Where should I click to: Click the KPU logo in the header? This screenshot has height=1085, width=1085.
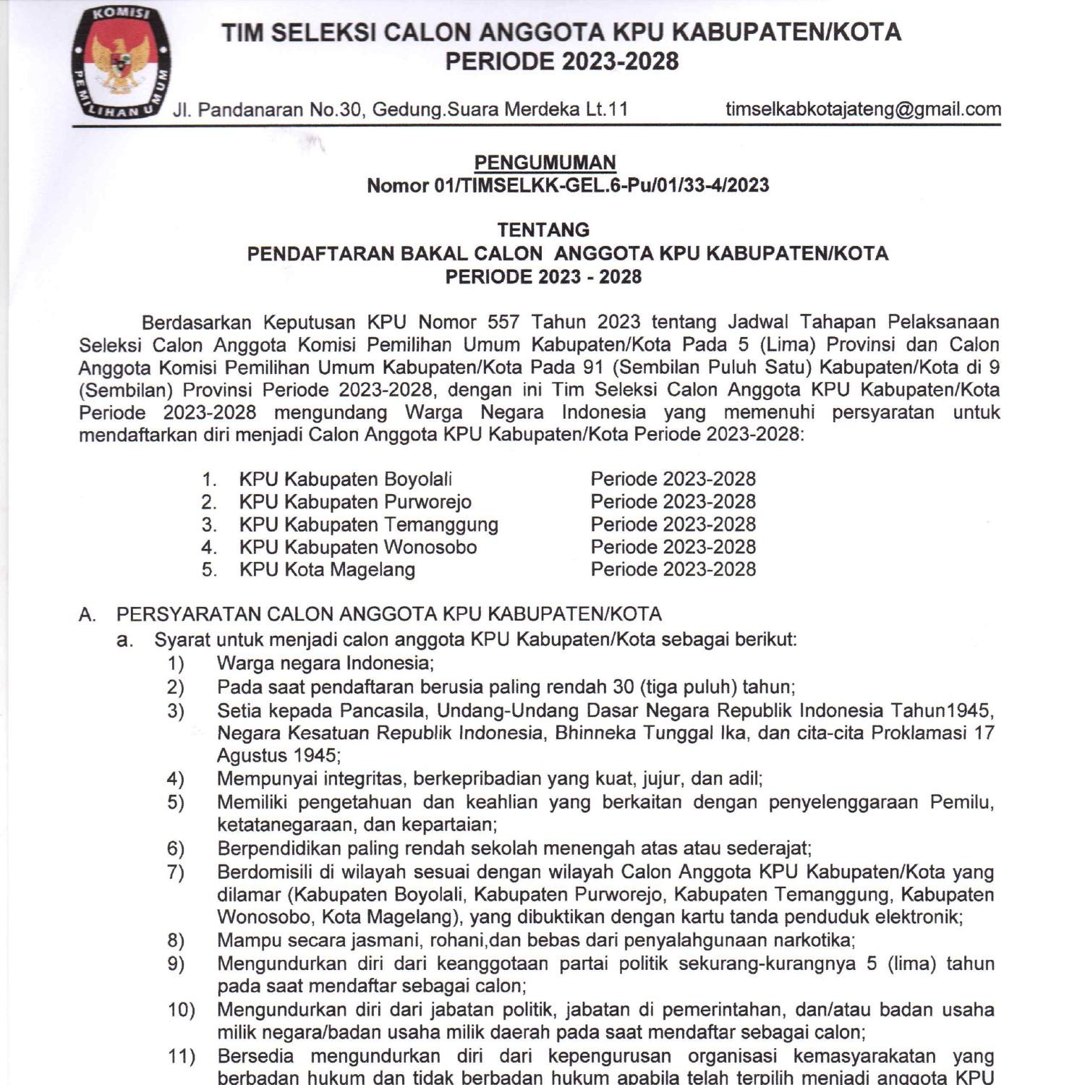pyautogui.click(x=120, y=64)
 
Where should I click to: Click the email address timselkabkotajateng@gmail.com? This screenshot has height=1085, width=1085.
pyautogui.click(x=863, y=109)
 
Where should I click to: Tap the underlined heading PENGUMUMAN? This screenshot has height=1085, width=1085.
pyautogui.click(x=545, y=163)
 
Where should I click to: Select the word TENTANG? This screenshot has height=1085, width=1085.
pyautogui.click(x=543, y=230)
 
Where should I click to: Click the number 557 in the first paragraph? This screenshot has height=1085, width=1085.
pyautogui.click(x=503, y=322)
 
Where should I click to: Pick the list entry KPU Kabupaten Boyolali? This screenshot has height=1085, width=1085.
pyautogui.click(x=345, y=480)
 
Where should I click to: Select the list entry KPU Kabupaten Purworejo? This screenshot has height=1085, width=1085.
pyautogui.click(x=355, y=502)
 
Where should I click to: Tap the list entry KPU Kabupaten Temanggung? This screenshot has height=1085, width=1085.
pyautogui.click(x=368, y=524)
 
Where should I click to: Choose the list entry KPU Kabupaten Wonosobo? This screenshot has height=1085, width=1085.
pyautogui.click(x=358, y=547)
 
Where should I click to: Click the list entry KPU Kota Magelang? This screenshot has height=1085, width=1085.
pyautogui.click(x=327, y=570)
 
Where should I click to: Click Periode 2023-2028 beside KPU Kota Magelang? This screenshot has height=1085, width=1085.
pyautogui.click(x=673, y=570)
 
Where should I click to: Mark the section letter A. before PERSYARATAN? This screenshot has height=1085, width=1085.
pyautogui.click(x=87, y=615)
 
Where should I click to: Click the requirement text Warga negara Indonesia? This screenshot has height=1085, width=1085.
pyautogui.click(x=324, y=663)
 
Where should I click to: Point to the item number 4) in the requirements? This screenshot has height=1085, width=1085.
pyautogui.click(x=176, y=779)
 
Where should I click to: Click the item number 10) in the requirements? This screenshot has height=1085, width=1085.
pyautogui.click(x=181, y=1010)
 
